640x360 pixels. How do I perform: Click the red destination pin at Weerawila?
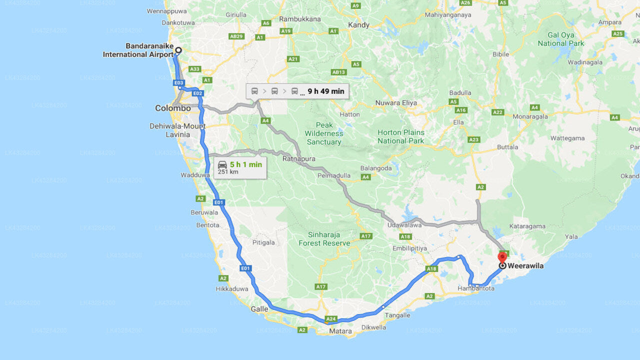click(502, 257)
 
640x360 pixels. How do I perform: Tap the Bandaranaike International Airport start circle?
click(178, 50)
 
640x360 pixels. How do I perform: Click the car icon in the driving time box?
click(222, 164)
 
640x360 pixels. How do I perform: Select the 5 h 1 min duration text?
click(246, 164)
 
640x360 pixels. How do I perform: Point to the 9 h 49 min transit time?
click(325, 91)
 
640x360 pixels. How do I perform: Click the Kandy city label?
click(358, 25)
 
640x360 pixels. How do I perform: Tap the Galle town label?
click(259, 309)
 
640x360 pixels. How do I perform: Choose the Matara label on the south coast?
click(340, 331)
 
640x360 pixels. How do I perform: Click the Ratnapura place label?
click(299, 159)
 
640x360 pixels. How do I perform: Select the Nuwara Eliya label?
click(396, 103)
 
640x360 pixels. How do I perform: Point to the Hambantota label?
click(476, 288)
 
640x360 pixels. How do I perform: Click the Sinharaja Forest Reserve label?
click(324, 239)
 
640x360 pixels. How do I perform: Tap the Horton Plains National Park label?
click(401, 136)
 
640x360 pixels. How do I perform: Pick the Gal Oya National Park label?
click(561, 39)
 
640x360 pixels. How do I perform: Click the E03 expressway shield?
click(179, 82)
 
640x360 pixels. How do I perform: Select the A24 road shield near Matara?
click(331, 318)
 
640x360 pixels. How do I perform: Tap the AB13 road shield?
click(339, 72)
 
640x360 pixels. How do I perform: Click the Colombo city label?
click(173, 108)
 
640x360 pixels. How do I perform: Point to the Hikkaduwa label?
click(231, 289)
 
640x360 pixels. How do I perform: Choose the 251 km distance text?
click(228, 172)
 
